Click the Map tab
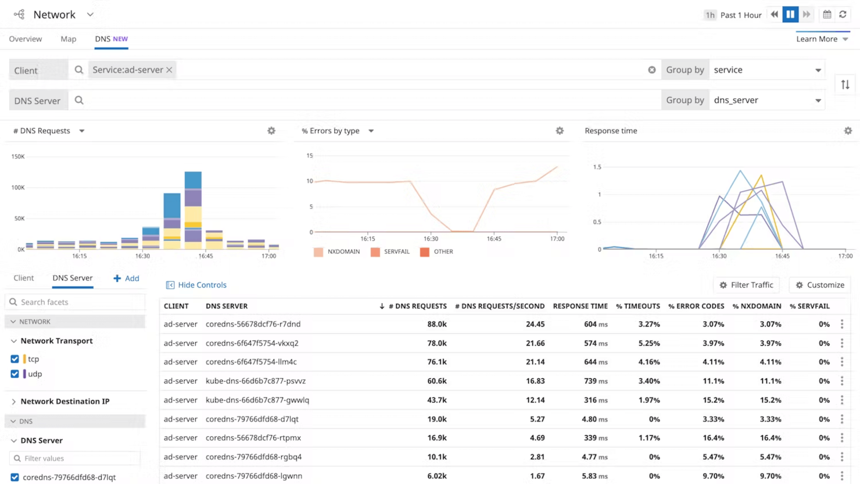(68, 39)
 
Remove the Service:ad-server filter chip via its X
(169, 70)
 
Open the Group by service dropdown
(766, 70)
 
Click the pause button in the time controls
(790, 15)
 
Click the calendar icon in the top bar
(827, 15)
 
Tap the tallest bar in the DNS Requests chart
(193, 209)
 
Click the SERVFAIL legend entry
(390, 252)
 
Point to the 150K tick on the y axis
(18, 156)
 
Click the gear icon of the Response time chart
(848, 131)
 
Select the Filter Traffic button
(746, 285)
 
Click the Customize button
(820, 285)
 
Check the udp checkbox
(15, 374)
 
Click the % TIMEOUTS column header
(637, 306)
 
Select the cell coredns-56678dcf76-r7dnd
(253, 324)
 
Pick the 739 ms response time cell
(594, 381)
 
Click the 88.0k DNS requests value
(436, 324)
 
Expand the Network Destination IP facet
(64, 401)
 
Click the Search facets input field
(76, 302)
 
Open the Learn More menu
(822, 39)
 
